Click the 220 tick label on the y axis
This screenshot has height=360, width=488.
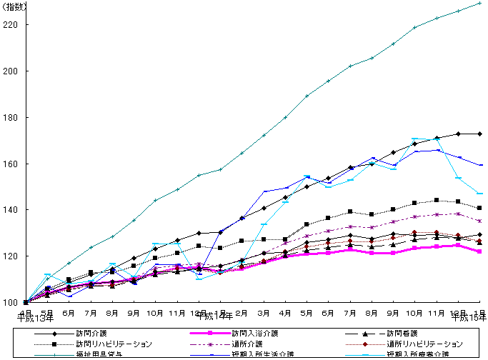11,25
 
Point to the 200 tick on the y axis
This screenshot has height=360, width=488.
11,71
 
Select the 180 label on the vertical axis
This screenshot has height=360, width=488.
11,118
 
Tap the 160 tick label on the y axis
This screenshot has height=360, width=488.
11,164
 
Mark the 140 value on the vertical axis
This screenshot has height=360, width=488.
11,210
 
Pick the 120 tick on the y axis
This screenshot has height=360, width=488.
11,256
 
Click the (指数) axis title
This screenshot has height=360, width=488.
16,6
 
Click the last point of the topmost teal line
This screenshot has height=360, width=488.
480,3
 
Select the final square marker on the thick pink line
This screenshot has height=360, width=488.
480,251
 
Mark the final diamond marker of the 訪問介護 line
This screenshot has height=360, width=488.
480,134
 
